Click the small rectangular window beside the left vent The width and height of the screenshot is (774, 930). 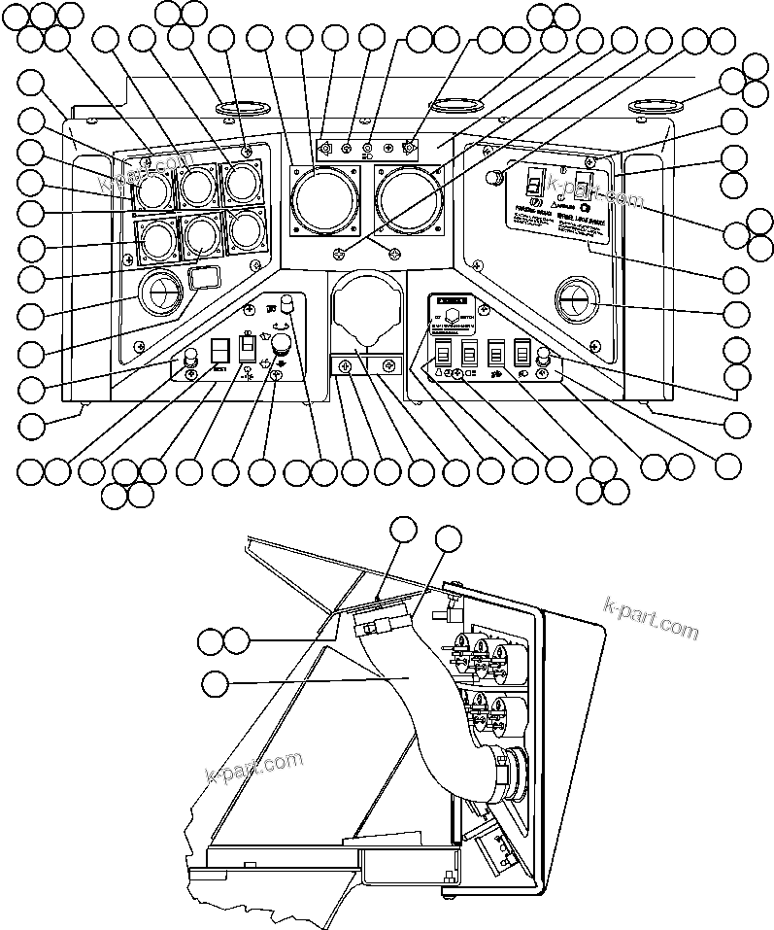tap(200, 281)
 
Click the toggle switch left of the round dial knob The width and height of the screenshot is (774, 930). tap(247, 347)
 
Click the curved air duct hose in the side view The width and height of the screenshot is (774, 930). tap(418, 709)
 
